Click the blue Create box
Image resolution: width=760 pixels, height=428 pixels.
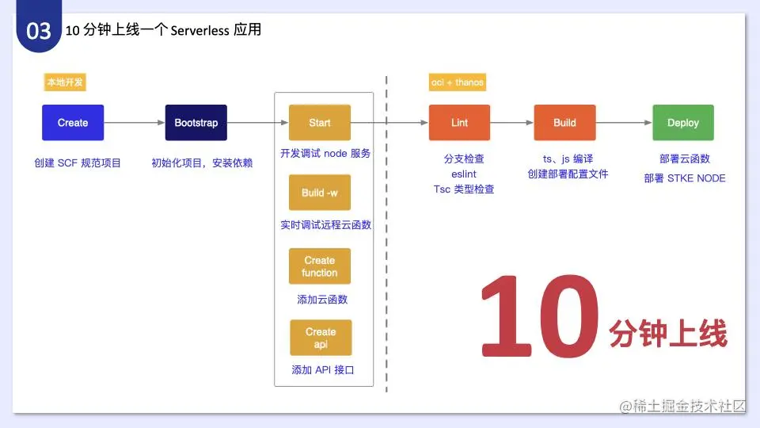point(73,123)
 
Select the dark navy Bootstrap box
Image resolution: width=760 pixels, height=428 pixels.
point(196,123)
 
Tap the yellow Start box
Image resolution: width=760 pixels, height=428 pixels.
point(320,123)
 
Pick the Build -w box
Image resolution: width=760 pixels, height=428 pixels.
point(320,193)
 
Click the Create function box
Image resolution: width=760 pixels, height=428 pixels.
point(320,266)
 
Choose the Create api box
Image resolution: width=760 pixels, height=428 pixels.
point(320,338)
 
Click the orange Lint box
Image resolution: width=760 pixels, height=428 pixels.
point(459,123)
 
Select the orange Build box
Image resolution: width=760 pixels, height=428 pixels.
point(564,123)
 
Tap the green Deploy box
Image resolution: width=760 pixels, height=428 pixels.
point(683,123)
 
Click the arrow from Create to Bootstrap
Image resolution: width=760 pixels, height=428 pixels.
point(135,123)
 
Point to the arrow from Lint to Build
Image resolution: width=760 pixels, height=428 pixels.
point(511,123)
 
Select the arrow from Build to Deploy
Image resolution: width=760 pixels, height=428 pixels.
point(623,123)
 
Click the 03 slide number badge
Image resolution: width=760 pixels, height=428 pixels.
point(39,31)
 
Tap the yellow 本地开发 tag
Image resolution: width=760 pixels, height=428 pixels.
point(64,82)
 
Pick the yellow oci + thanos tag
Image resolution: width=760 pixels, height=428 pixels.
point(458,82)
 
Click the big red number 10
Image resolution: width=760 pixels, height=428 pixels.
point(539,315)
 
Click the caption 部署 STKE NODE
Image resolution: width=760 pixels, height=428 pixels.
point(685,178)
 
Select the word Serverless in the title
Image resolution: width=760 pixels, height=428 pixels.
point(199,31)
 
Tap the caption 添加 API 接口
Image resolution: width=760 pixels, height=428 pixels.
point(322,370)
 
